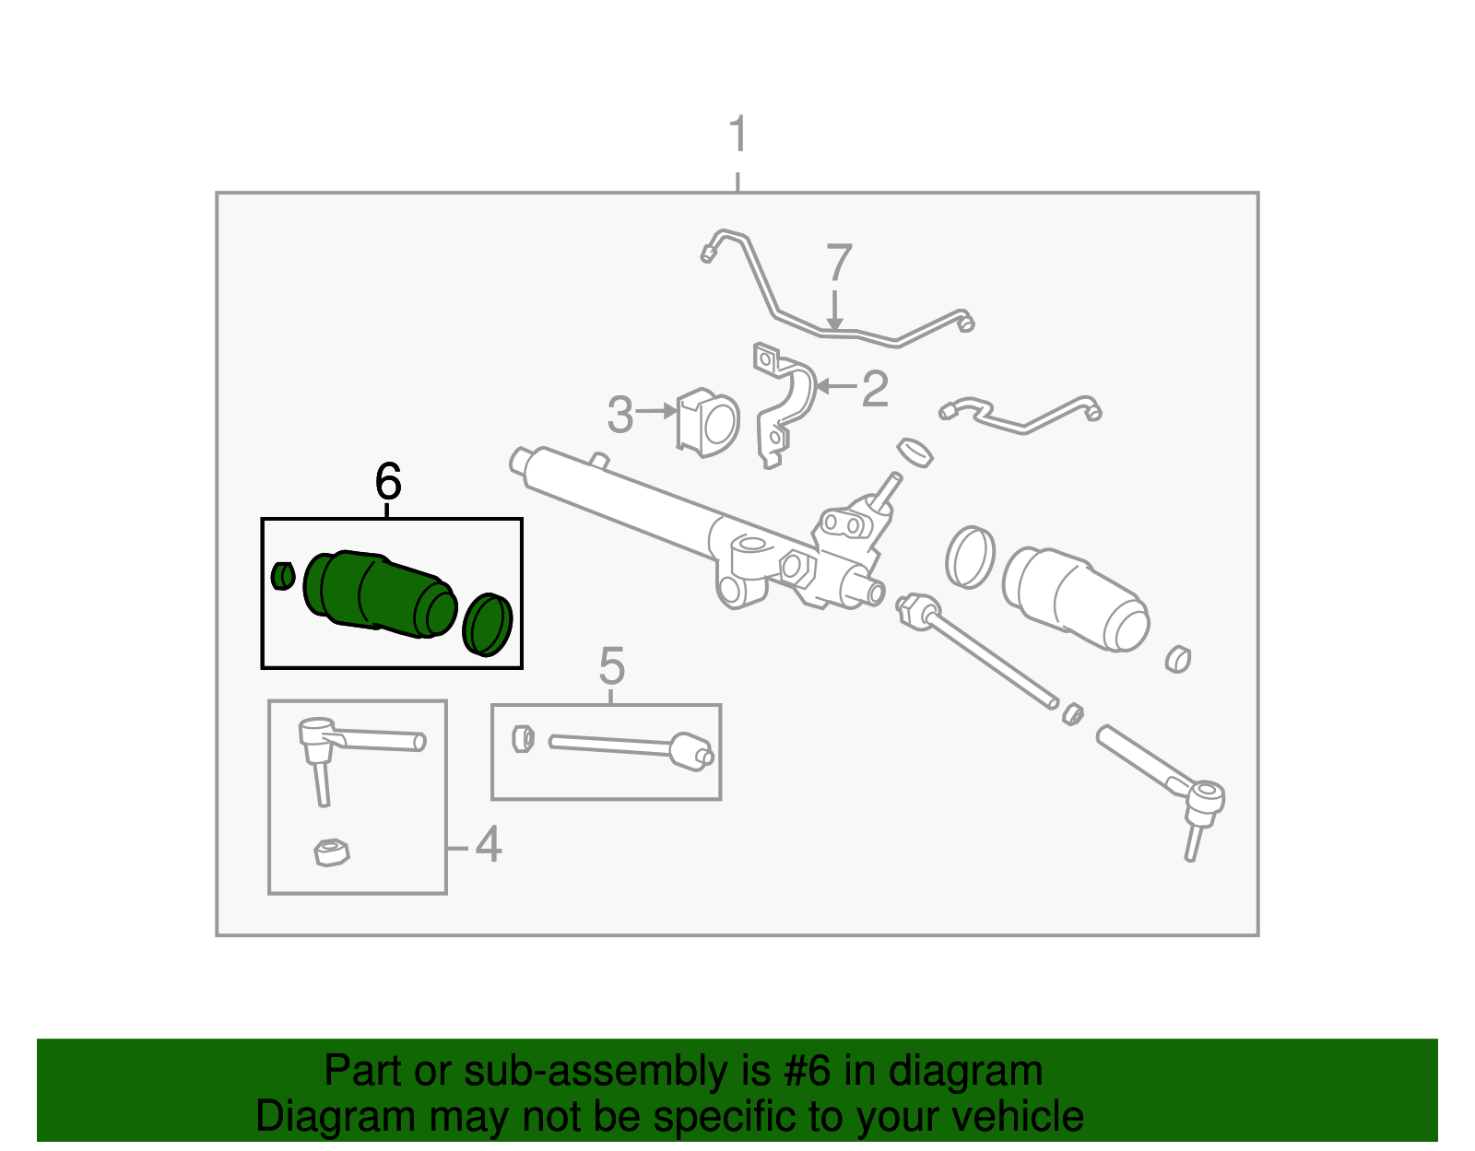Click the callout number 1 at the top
point(737,135)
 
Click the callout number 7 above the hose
point(838,264)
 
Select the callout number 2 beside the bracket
point(874,388)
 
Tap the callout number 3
point(620,415)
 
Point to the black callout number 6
point(388,481)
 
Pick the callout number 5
point(611,665)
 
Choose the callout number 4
point(488,845)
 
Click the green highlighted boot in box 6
point(378,594)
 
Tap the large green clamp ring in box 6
point(487,625)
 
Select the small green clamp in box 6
point(283,576)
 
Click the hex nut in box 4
point(331,852)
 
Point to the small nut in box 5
point(522,738)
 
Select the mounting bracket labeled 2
point(784,401)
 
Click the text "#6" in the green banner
point(807,1072)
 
